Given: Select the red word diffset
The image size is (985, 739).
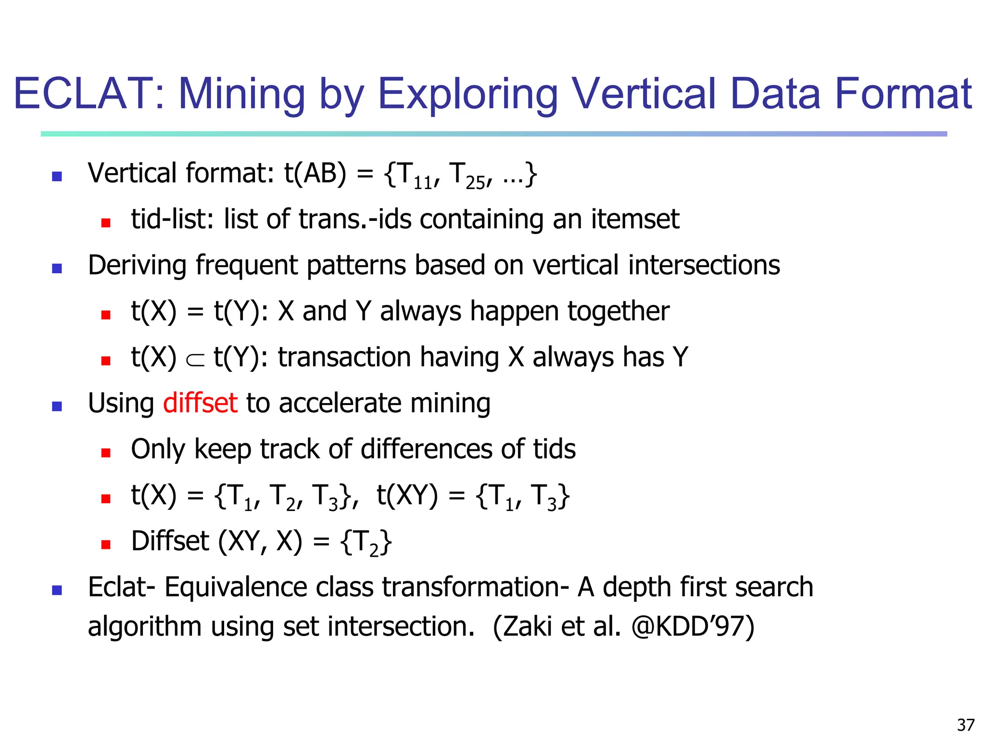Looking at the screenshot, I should coord(200,403).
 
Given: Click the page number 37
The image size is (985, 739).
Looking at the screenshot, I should coord(965,725).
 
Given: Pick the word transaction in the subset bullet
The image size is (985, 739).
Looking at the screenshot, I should coord(344,357).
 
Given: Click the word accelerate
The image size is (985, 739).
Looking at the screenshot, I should coord(340,403).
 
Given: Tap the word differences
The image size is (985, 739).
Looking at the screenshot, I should coord(426,449).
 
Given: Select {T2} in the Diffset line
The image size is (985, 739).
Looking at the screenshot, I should coord(366,542).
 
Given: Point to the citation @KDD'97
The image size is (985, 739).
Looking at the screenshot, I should coord(692,626).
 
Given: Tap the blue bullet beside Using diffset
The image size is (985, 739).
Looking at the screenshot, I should coord(57,407).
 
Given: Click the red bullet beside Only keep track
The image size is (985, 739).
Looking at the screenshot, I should coord(106,452).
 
